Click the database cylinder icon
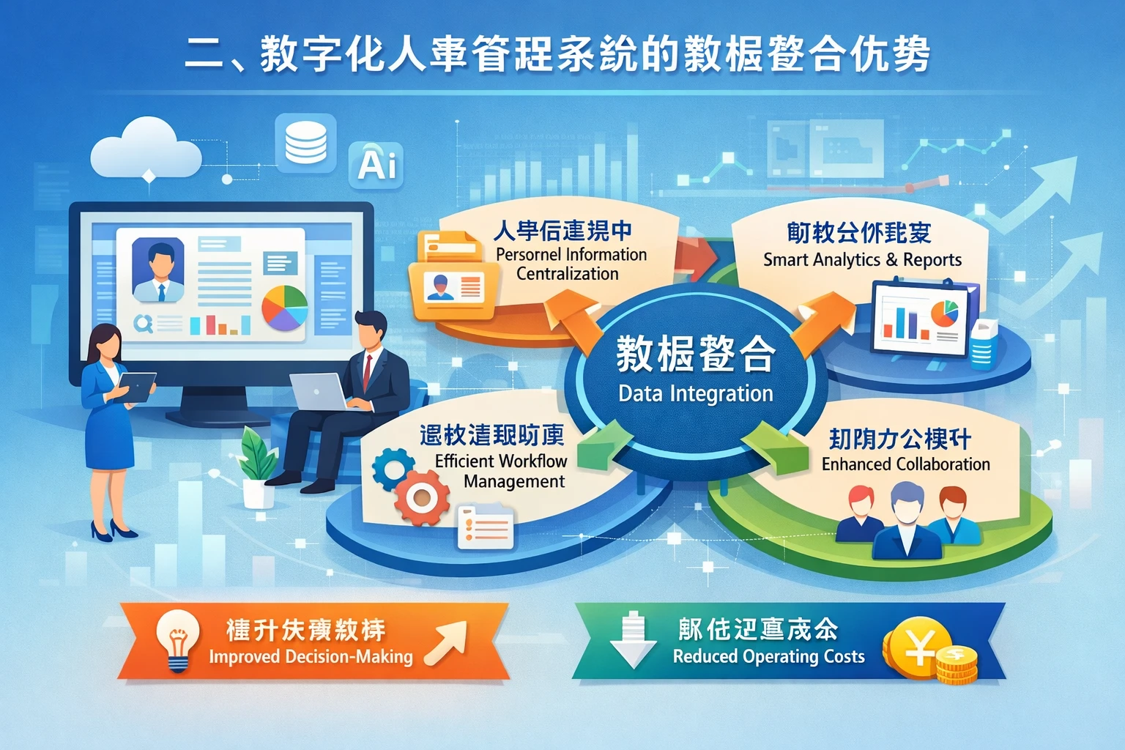(x=305, y=142)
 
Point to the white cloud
(x=145, y=149)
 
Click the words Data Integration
(x=695, y=393)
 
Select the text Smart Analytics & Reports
(x=862, y=260)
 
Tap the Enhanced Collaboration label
(x=905, y=464)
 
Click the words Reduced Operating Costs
(x=768, y=656)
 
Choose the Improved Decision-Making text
(x=311, y=657)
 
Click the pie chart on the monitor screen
(x=285, y=308)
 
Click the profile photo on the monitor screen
(x=159, y=269)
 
